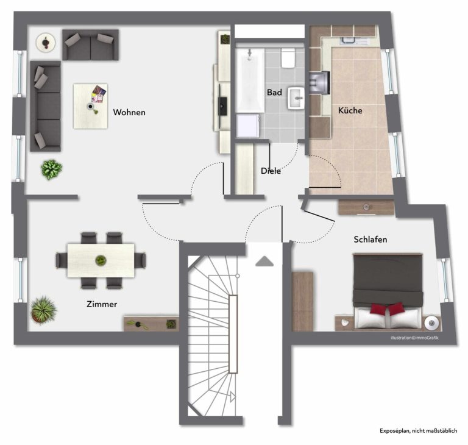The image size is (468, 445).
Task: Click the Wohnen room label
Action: pos(129,112)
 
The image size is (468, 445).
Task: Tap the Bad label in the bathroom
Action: pos(274,92)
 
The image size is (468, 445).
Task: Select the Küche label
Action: pos(350,110)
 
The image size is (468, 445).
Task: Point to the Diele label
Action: pos(271,171)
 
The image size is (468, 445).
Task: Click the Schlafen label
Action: pos(370,240)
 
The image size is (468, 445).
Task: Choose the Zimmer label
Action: pos(102,304)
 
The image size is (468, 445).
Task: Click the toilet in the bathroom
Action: pos(288,58)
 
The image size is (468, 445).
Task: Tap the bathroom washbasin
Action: pos(296,98)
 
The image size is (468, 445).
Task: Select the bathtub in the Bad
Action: pos(250,80)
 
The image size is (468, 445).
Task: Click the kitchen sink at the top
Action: pos(349,40)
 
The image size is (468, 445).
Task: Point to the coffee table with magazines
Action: pos(90,106)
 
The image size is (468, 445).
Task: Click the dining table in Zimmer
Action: pos(101,260)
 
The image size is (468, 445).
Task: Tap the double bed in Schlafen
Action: pos(388,292)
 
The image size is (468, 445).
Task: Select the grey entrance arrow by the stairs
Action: pos(264,261)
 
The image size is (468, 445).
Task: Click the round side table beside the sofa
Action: pos(46,43)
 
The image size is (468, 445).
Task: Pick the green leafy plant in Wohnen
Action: pos(51,169)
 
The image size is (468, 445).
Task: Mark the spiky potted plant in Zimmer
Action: pos(44,310)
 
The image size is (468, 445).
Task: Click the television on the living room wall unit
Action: pos(222,105)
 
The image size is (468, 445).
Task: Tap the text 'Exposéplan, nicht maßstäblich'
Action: pos(418,430)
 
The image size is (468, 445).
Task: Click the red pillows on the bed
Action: pos(388,308)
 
